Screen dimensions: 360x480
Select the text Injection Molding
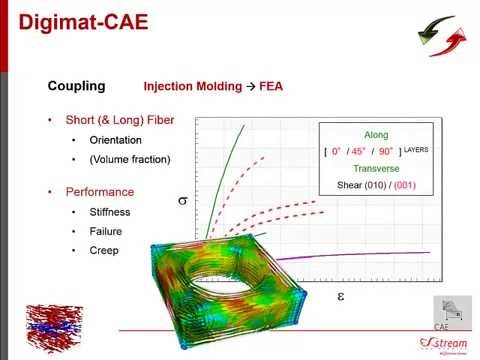point(187,86)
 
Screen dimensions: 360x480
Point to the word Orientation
point(116,140)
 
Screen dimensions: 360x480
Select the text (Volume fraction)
point(130,159)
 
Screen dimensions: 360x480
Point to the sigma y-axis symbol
point(182,200)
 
